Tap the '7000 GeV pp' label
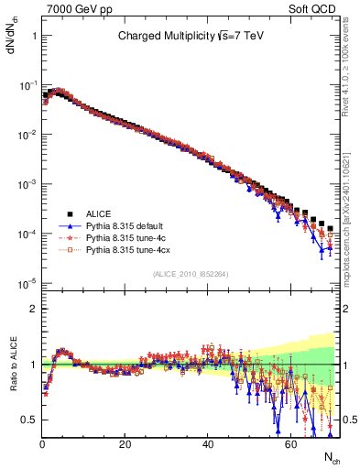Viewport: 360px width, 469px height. [x=74, y=7]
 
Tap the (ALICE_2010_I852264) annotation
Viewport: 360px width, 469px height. [x=190, y=274]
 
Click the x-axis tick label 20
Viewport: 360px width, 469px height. [x=125, y=443]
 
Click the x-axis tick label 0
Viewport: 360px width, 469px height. [x=42, y=443]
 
